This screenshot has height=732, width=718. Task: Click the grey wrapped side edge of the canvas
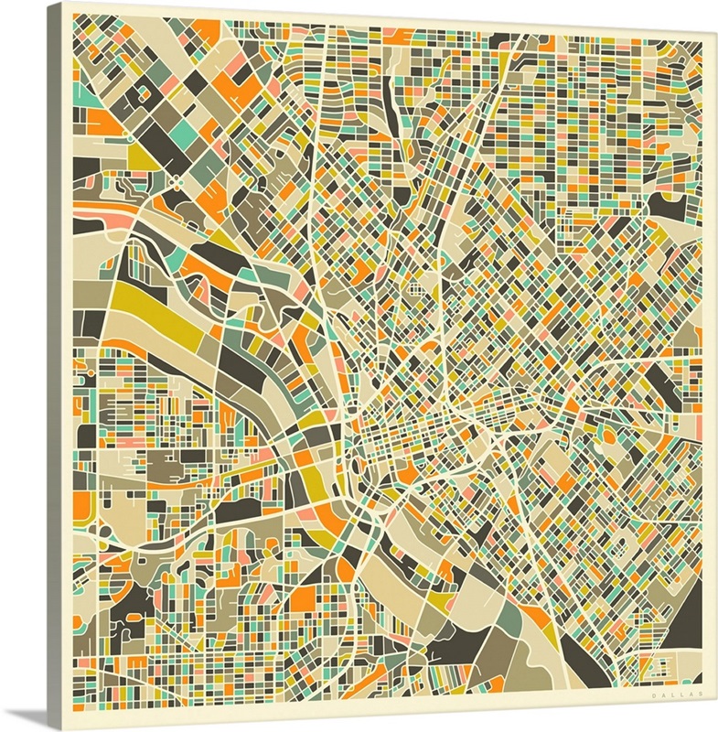pos(66,366)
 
